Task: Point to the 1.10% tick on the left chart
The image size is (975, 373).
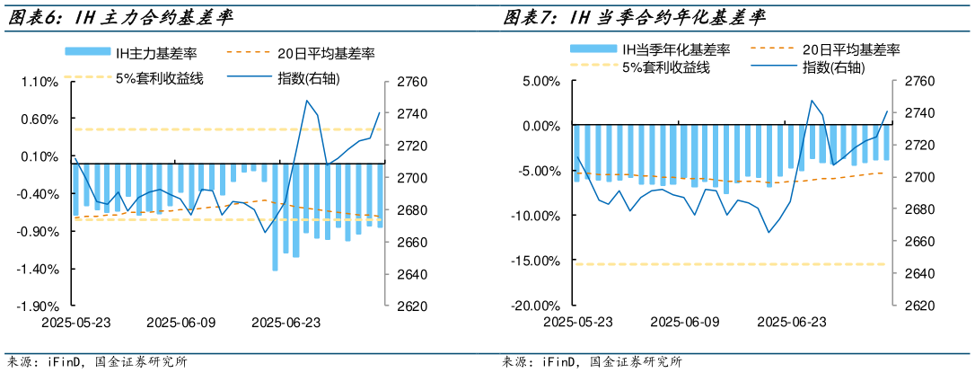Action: [39, 82]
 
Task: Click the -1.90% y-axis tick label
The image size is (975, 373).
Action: [39, 306]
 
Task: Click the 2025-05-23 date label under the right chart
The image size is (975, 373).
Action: [578, 322]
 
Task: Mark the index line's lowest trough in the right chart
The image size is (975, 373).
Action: [769, 232]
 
